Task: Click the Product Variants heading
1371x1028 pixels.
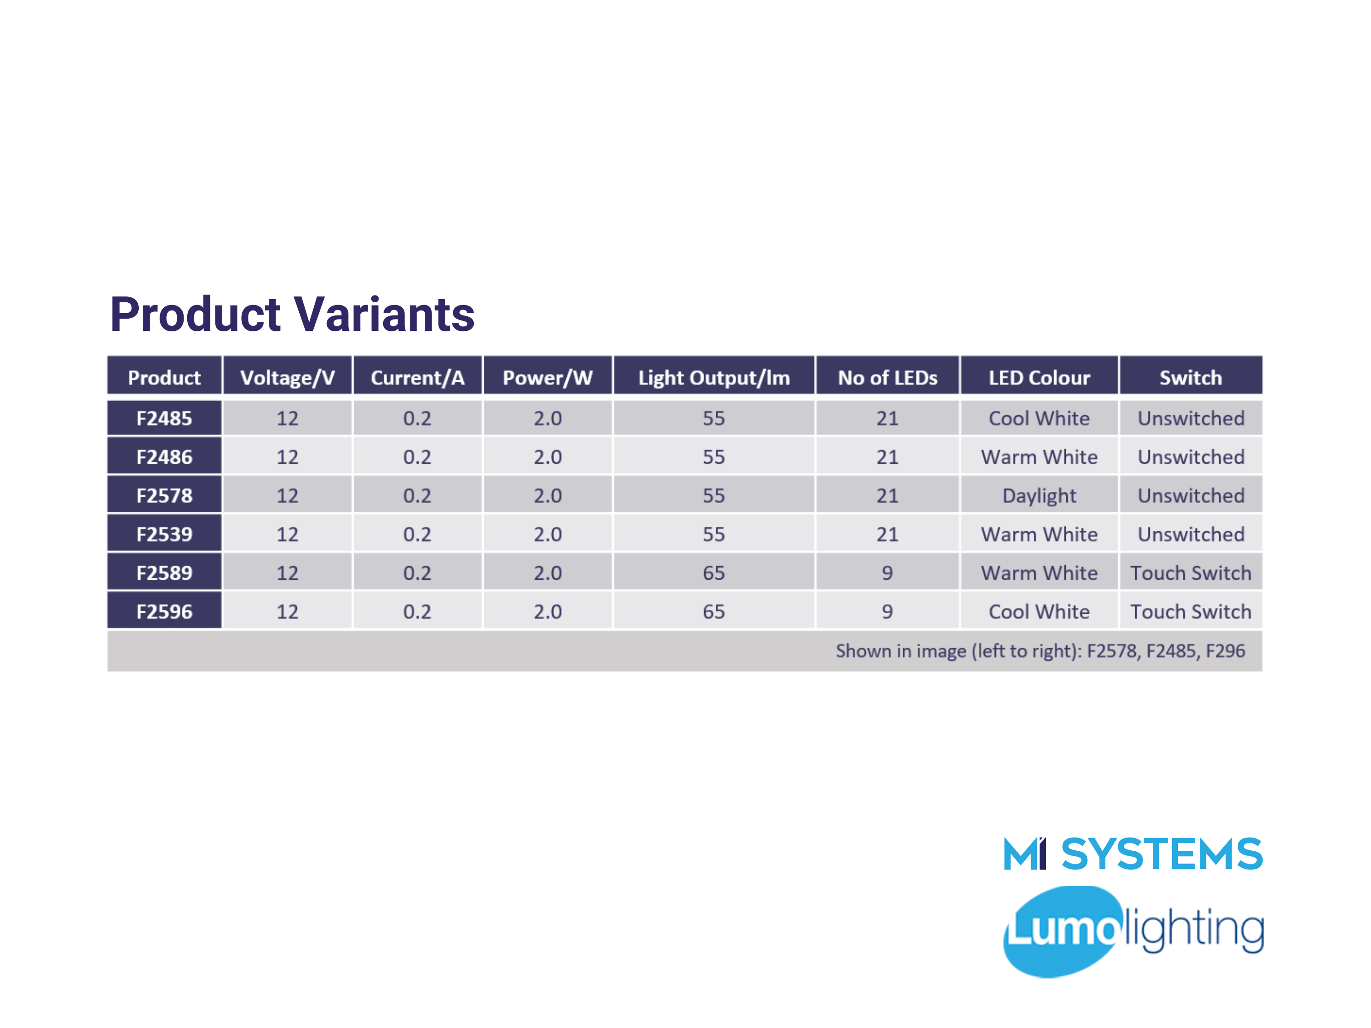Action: (292, 314)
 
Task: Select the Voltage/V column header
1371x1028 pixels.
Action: (287, 378)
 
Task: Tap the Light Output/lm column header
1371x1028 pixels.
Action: (714, 378)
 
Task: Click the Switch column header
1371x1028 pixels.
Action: (1190, 378)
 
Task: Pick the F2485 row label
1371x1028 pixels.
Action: (164, 418)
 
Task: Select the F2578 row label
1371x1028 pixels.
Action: (164, 496)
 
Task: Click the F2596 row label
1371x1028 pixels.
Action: (164, 611)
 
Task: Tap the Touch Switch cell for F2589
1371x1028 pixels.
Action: (1190, 573)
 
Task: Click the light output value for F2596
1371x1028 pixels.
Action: (714, 611)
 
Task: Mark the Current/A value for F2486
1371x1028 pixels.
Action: (417, 457)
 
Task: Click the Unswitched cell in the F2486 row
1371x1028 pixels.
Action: (1190, 457)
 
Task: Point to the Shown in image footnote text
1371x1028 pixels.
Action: (1040, 650)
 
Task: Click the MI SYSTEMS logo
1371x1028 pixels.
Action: (1133, 854)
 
